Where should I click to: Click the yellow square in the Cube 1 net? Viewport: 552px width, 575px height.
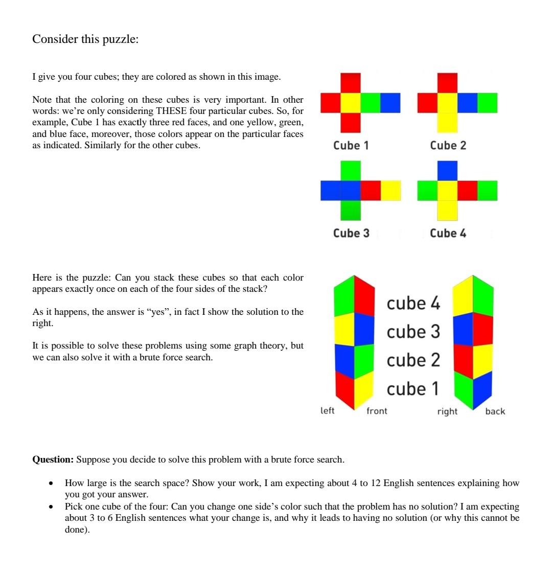click(x=351, y=103)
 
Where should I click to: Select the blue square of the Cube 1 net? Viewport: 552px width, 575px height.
click(x=390, y=103)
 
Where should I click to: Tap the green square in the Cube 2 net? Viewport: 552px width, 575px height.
click(x=487, y=103)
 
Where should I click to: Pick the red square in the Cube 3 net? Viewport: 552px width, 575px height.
click(x=371, y=190)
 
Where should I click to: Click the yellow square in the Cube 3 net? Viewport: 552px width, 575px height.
click(x=390, y=190)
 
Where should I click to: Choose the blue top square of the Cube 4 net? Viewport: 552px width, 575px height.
click(x=447, y=170)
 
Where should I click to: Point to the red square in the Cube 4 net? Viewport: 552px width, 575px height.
click(x=467, y=190)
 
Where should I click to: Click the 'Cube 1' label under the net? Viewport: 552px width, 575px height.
click(x=351, y=146)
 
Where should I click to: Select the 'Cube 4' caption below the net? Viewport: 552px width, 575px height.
click(x=448, y=233)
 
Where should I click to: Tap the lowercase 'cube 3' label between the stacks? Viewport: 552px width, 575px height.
click(x=413, y=332)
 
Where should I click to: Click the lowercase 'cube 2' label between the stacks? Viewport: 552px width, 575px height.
click(x=413, y=360)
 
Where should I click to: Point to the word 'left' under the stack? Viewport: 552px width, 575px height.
click(x=327, y=410)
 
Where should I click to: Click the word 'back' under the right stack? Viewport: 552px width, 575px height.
click(x=495, y=411)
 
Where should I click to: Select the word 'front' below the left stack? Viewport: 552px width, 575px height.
click(x=377, y=411)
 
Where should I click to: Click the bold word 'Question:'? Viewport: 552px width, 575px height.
click(x=53, y=459)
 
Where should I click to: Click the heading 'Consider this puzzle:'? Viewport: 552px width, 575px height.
click(x=85, y=39)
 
